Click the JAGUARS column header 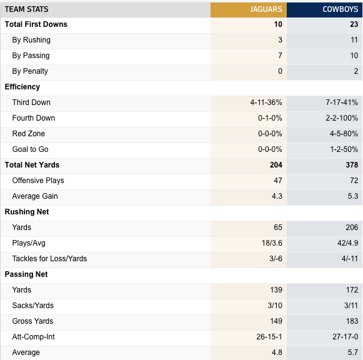click(x=266, y=9)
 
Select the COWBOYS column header click(x=341, y=9)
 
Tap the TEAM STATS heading click(x=26, y=9)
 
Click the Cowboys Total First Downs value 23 click(x=354, y=24)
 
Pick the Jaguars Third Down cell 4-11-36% click(x=266, y=102)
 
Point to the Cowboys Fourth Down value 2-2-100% click(x=342, y=118)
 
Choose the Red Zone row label click(x=29, y=134)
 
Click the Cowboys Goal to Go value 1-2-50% click(x=344, y=149)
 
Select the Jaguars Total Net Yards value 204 click(x=276, y=165)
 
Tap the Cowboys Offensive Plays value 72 click(x=354, y=181)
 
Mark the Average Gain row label click(x=35, y=196)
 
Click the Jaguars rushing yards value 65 click(x=278, y=227)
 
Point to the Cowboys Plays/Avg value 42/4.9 click(x=348, y=243)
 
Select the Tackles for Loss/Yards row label click(x=49, y=259)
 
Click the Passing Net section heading click(x=26, y=274)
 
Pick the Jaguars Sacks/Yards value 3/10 click(x=275, y=306)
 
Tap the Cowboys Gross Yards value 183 click(x=352, y=321)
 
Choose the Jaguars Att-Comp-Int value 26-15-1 click(x=269, y=337)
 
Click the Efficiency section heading click(x=22, y=87)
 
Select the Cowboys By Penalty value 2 click(x=356, y=71)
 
